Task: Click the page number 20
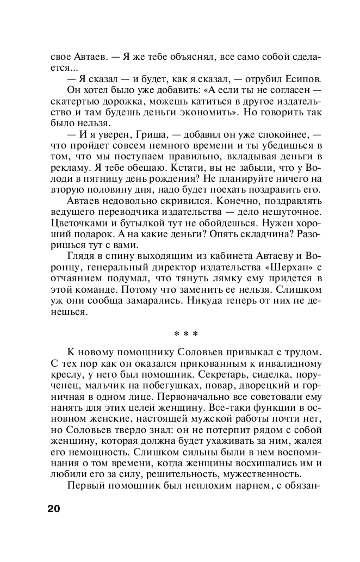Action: pyautogui.click(x=54, y=509)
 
